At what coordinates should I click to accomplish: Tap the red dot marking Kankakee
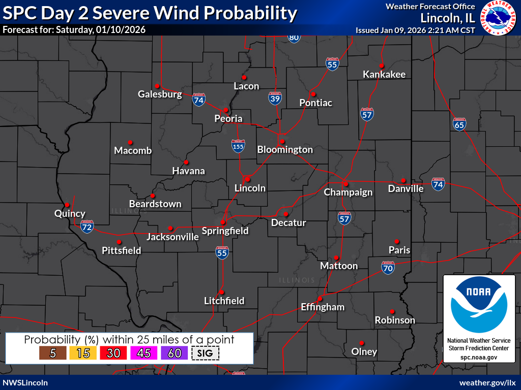[381, 66]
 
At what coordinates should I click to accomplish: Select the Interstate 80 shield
[294, 38]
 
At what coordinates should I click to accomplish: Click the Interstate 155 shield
[238, 146]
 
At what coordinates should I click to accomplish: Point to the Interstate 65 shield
[459, 124]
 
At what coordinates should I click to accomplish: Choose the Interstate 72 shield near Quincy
[87, 226]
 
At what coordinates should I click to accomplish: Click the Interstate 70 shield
[388, 268]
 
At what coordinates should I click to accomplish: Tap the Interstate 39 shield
[275, 99]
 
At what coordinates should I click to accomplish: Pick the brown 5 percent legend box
[52, 353]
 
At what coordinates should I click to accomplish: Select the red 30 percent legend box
[113, 353]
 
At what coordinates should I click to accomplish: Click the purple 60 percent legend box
[175, 353]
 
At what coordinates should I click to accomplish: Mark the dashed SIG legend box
[205, 353]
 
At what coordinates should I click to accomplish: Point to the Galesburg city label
[160, 94]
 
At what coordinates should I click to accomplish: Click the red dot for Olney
[362, 343]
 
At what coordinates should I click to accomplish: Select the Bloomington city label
[285, 150]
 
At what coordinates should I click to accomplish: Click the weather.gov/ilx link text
[487, 382]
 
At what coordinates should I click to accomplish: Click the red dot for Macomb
[130, 142]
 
